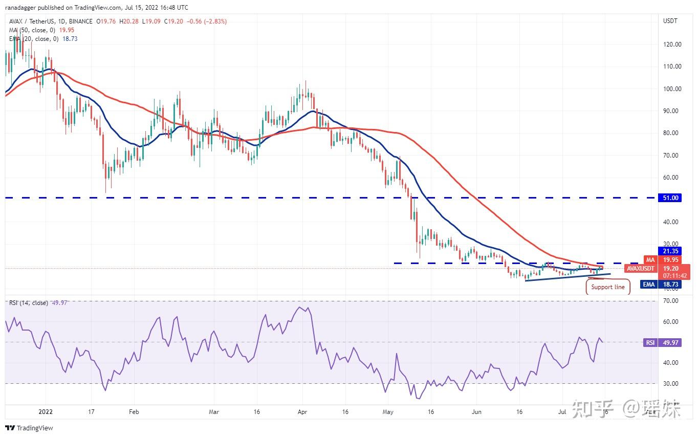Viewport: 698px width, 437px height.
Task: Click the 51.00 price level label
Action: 670,198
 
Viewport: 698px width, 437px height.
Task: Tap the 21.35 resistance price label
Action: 670,251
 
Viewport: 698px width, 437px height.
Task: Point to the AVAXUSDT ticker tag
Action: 641,268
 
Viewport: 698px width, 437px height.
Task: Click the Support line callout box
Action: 607,287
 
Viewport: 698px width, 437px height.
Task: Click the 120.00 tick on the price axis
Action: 671,45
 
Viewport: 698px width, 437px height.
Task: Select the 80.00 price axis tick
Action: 671,133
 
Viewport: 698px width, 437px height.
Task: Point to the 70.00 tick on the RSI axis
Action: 671,301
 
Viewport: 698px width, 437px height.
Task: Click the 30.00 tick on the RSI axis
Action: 671,384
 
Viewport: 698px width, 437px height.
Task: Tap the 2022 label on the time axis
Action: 45,411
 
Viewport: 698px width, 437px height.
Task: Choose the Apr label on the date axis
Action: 302,411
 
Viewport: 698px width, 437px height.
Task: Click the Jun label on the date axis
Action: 476,411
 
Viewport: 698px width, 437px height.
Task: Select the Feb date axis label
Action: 134,411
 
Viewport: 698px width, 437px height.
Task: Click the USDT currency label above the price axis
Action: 670,21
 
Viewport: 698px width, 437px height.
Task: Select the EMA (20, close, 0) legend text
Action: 34,39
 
